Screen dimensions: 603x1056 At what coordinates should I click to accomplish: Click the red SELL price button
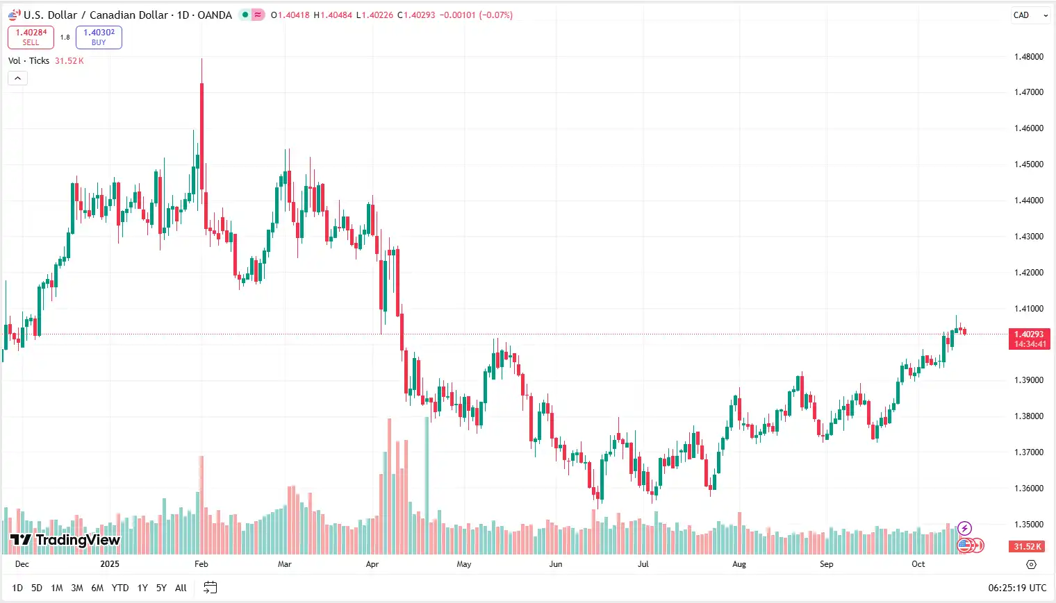pos(31,37)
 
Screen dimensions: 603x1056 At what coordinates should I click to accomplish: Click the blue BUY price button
pos(99,37)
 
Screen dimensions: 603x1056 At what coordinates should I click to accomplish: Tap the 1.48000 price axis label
pos(1029,57)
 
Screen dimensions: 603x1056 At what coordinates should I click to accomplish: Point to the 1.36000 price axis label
pos(1029,489)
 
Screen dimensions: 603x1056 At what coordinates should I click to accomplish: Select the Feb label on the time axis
pos(201,564)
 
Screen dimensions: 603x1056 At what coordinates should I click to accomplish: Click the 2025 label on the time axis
pos(110,564)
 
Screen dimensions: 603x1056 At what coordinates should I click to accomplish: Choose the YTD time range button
pos(120,588)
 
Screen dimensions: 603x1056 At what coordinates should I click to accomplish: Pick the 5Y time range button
pos(161,588)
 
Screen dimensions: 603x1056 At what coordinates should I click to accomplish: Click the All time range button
pos(181,588)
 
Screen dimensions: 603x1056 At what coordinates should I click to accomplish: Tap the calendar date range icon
pos(210,588)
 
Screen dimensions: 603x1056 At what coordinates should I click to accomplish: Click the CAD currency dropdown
pos(1030,15)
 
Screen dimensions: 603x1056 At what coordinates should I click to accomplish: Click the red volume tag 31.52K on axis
pos(1027,547)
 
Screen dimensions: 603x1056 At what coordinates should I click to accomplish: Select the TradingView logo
pos(65,540)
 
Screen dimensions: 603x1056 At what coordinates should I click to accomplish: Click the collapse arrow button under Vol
pos(17,78)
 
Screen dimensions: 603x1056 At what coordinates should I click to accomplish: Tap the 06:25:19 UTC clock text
pos(1017,588)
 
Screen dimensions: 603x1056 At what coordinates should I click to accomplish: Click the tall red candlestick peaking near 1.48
pos(201,132)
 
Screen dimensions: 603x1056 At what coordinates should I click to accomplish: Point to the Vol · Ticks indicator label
pos(28,61)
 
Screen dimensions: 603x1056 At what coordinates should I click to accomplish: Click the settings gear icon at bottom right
pos(1031,564)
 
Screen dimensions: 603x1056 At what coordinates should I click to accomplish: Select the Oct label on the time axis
pos(918,564)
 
